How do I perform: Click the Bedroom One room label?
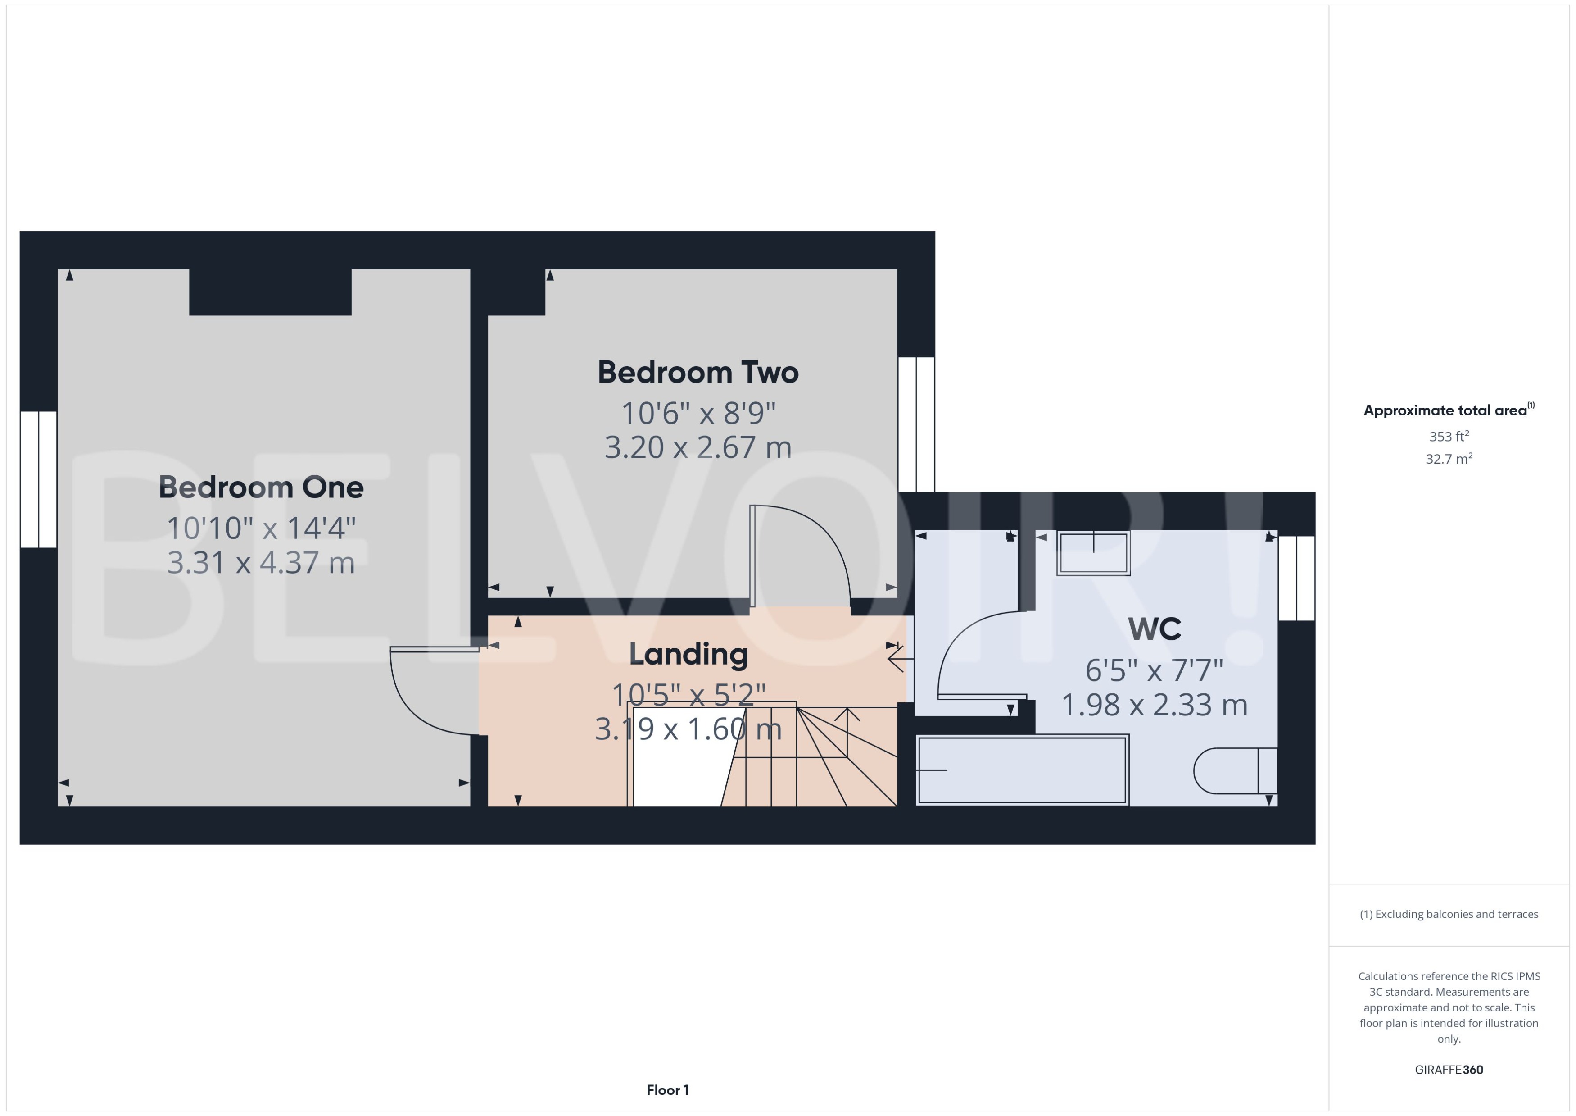pyautogui.click(x=261, y=487)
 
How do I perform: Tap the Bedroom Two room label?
pyautogui.click(x=697, y=373)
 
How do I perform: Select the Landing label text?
pyautogui.click(x=688, y=654)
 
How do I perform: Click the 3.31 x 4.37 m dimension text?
pyautogui.click(x=261, y=563)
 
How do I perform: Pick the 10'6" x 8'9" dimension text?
pyautogui.click(x=697, y=413)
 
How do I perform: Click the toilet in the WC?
pyautogui.click(x=1234, y=770)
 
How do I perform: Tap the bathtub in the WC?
pyautogui.click(x=1022, y=770)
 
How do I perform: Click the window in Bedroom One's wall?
pyautogui.click(x=38, y=479)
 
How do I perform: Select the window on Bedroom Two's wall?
pyautogui.click(x=916, y=424)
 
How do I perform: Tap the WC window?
pyautogui.click(x=1296, y=578)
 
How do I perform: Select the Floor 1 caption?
pyautogui.click(x=667, y=1090)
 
